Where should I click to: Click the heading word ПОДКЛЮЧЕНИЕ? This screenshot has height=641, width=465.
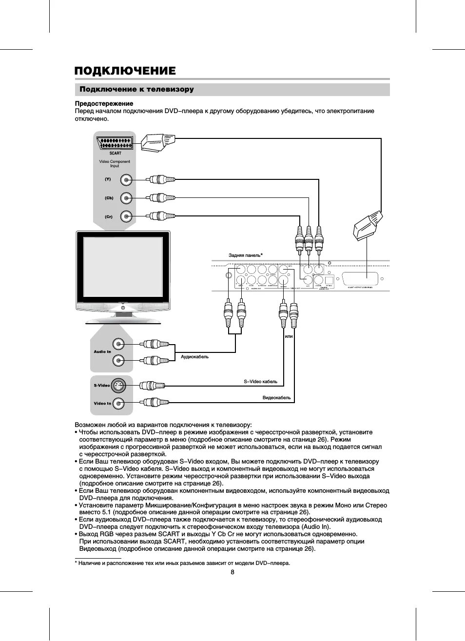[125, 71]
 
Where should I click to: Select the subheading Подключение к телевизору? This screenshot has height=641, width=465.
[136, 90]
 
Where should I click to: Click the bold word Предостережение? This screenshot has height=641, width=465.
[104, 104]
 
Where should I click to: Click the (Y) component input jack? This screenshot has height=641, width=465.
[126, 180]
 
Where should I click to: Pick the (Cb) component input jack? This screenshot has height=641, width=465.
[126, 198]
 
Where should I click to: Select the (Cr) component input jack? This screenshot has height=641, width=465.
[126, 216]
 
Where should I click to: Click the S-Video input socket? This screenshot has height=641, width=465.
[118, 386]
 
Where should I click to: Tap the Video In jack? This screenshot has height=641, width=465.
[118, 403]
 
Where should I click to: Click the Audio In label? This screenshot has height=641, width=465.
[102, 351]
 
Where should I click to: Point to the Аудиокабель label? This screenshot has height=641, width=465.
[194, 357]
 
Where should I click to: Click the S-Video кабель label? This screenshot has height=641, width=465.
[260, 382]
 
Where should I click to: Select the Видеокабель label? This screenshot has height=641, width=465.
[276, 398]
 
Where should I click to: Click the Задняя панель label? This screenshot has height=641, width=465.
[245, 255]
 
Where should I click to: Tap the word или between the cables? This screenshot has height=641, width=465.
[289, 336]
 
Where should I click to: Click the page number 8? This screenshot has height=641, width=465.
[232, 572]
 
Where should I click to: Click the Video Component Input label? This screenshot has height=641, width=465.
[115, 163]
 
